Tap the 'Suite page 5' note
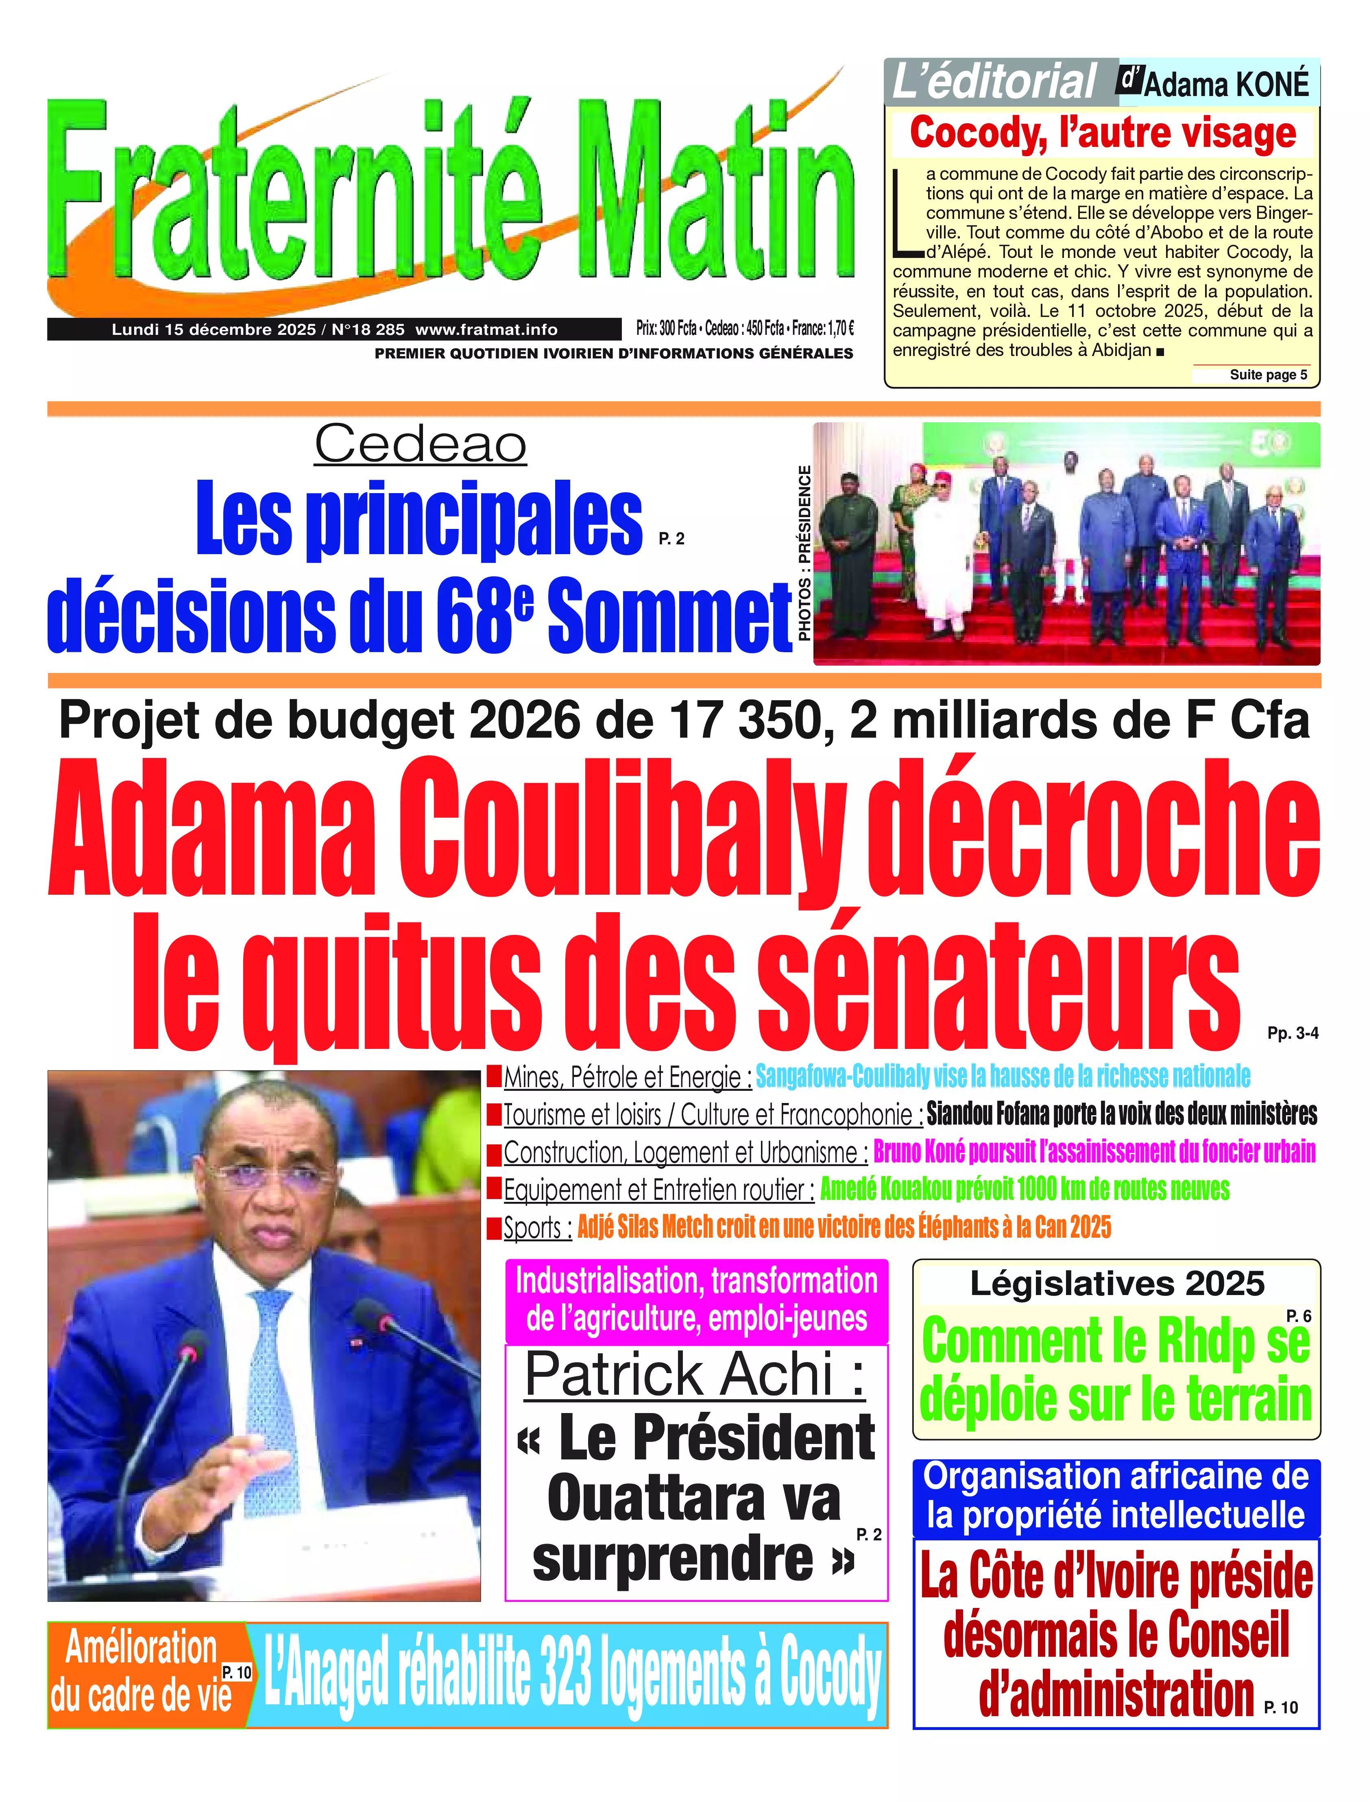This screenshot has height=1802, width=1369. (1268, 375)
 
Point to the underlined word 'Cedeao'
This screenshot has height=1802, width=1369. (421, 445)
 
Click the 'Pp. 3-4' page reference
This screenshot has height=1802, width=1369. (1293, 1033)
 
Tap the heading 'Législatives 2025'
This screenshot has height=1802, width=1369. (1116, 1284)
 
